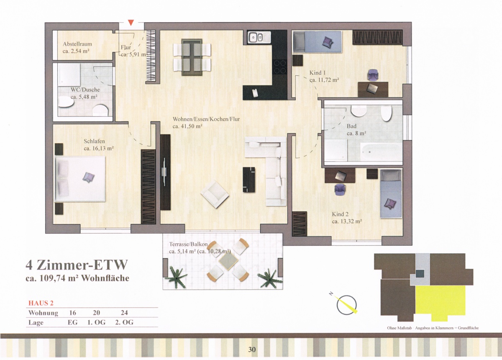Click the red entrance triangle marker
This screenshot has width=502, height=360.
(x=131, y=23)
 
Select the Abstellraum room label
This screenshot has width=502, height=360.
(x=77, y=44)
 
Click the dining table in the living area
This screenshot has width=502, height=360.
(x=192, y=57)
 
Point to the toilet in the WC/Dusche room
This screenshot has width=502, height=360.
(x=100, y=110)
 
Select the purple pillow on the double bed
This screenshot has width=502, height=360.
(x=89, y=177)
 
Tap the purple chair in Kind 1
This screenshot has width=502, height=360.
(x=373, y=75)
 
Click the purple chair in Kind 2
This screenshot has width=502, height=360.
(x=340, y=190)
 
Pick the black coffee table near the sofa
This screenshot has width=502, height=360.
(x=249, y=180)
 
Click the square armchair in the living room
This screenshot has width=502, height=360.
(x=215, y=194)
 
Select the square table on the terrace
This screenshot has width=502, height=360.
(x=228, y=261)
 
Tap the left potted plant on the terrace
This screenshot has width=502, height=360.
(x=176, y=277)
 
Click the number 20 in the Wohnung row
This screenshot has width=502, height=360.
(x=96, y=312)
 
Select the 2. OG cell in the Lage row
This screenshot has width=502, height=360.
(x=124, y=322)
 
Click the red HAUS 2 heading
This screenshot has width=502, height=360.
(x=41, y=303)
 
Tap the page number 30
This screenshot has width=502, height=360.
(x=252, y=349)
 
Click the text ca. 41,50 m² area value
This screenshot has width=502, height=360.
(x=187, y=126)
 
